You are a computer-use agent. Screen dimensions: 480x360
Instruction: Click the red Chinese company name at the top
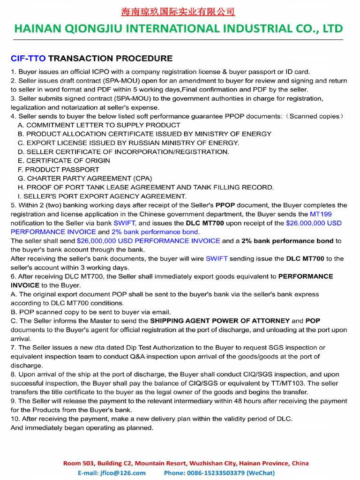click(x=178, y=12)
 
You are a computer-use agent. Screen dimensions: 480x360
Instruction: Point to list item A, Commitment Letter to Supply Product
click(x=99, y=125)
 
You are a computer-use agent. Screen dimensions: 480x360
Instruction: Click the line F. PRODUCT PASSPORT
click(x=59, y=169)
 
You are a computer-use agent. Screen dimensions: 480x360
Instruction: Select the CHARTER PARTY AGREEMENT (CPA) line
click(x=85, y=178)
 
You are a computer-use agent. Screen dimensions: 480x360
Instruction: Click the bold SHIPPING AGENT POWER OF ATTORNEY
click(x=219, y=321)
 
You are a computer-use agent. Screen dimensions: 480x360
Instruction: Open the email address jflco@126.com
click(x=122, y=473)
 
